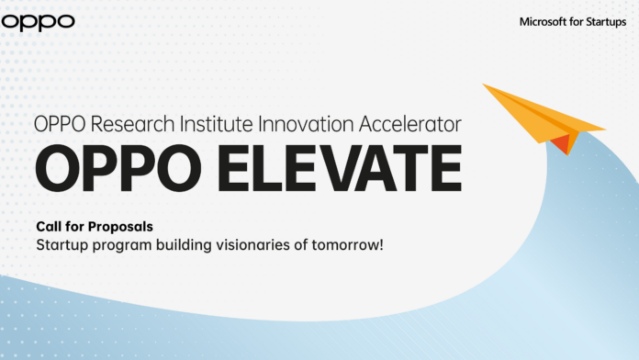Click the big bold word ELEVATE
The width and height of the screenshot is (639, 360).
coord(328,172)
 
